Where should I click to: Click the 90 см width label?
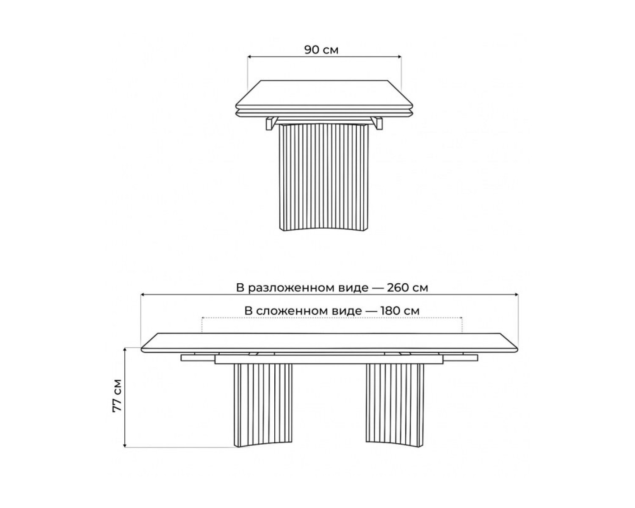click(x=321, y=50)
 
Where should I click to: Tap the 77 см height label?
click(x=117, y=395)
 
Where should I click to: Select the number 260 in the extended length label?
click(x=399, y=287)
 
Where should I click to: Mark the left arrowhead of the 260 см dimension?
click(x=143, y=294)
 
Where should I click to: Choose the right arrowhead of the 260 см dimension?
click(x=516, y=294)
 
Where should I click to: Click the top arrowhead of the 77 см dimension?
click(x=125, y=350)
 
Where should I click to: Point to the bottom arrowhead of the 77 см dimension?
click(x=125, y=454)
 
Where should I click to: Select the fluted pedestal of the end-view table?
click(x=324, y=177)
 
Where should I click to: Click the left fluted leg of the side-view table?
click(x=262, y=409)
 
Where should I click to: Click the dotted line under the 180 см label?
click(x=332, y=318)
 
